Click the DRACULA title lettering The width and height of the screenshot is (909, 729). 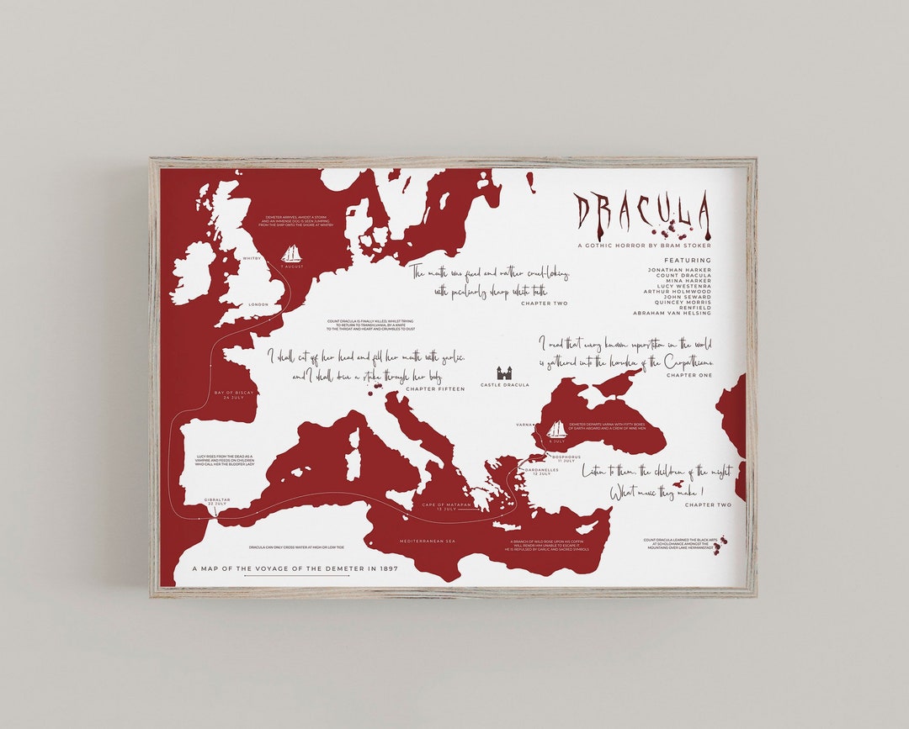coord(642,212)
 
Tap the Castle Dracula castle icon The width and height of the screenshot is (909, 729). coord(505,373)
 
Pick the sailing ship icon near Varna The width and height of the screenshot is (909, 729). coord(557,429)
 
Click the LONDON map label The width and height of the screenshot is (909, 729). coord(258,304)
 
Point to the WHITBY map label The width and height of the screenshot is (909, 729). coord(252,259)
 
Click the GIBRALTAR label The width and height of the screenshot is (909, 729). coord(216,499)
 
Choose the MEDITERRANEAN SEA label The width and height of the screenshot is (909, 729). coord(427,541)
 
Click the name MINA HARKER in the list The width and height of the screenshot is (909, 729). coord(679,280)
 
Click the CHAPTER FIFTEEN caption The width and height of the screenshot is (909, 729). coord(435,389)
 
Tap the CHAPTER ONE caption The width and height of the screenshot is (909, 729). coord(688,375)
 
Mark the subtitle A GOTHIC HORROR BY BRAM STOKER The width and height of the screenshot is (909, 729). coord(644,246)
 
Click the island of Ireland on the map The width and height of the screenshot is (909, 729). coord(193,271)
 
